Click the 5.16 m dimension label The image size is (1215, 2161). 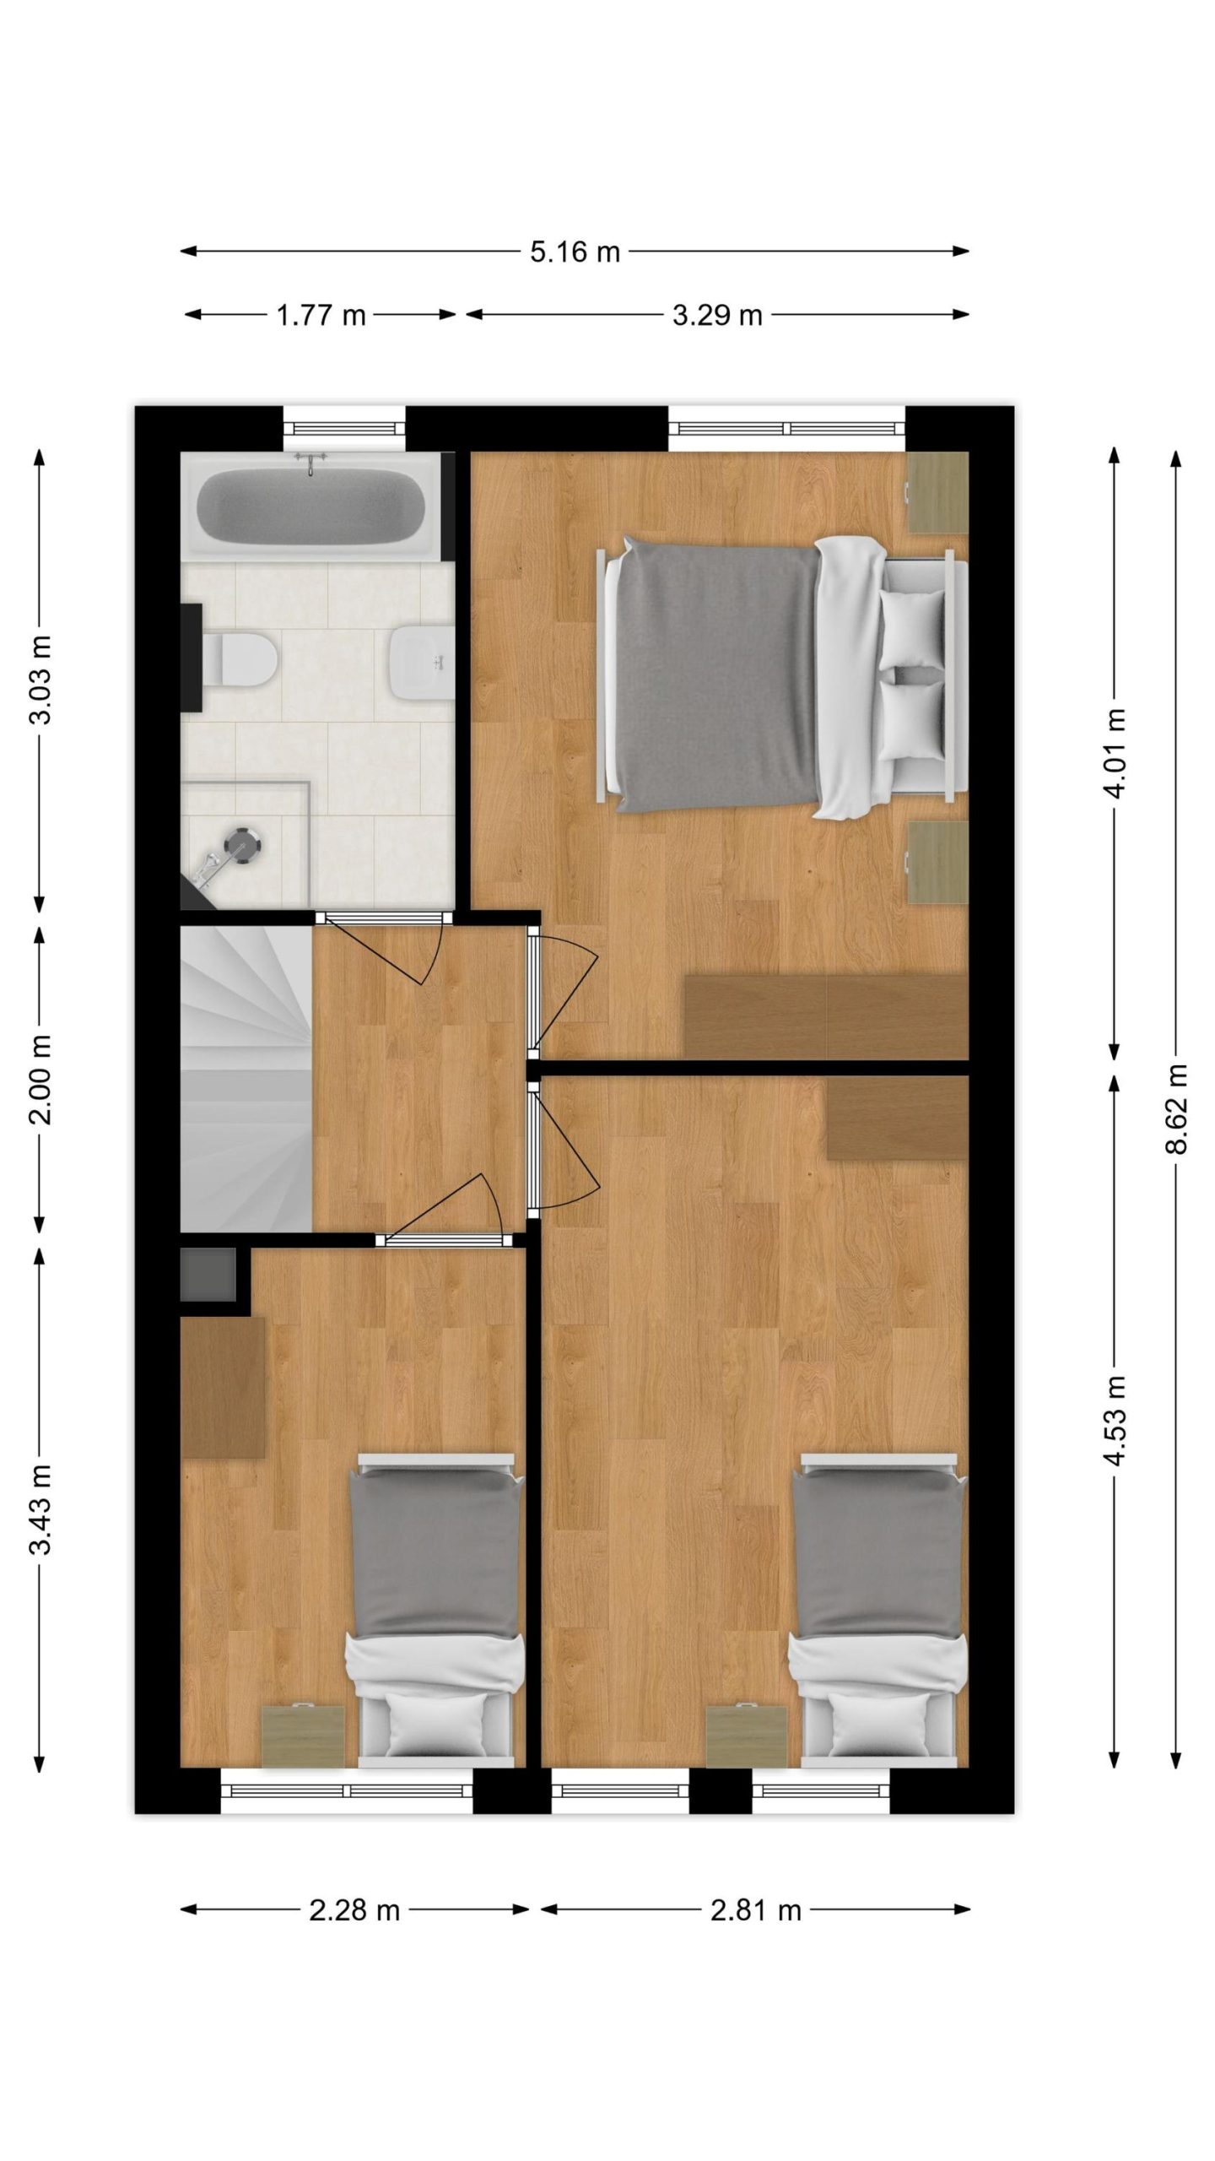click(x=575, y=252)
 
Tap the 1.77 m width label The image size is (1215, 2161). click(x=321, y=315)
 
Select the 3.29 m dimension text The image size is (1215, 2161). click(x=717, y=315)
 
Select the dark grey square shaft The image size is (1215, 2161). click(x=208, y=1275)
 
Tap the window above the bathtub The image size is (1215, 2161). click(x=343, y=430)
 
